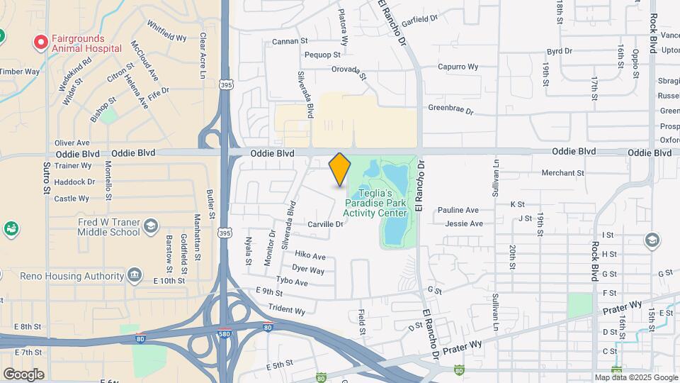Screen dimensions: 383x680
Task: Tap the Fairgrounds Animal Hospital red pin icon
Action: [41, 43]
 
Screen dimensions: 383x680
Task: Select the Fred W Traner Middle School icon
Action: [150, 226]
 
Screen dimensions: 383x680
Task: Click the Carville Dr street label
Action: [325, 224]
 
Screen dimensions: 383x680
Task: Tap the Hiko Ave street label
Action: [310, 255]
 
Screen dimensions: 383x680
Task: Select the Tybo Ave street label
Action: [292, 282]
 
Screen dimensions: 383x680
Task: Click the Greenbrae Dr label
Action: [450, 108]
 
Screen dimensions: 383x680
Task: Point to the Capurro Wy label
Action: [458, 67]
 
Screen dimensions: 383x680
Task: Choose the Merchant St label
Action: [562, 172]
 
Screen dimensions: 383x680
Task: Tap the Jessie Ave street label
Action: [464, 223]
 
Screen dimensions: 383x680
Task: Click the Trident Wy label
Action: [286, 310]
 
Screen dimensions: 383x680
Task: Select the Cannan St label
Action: [290, 42]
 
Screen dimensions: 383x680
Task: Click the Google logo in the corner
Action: [23, 374]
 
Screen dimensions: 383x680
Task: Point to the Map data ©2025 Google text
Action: [635, 377]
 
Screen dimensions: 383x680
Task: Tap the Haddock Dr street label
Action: [75, 182]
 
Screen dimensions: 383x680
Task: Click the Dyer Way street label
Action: [308, 270]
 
